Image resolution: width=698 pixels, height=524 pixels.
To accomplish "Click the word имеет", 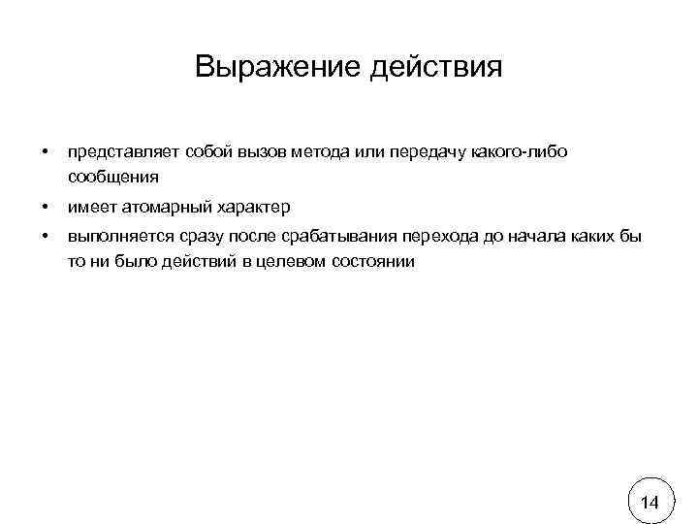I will (x=90, y=208).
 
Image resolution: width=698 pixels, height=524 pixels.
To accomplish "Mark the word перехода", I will (x=440, y=239).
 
